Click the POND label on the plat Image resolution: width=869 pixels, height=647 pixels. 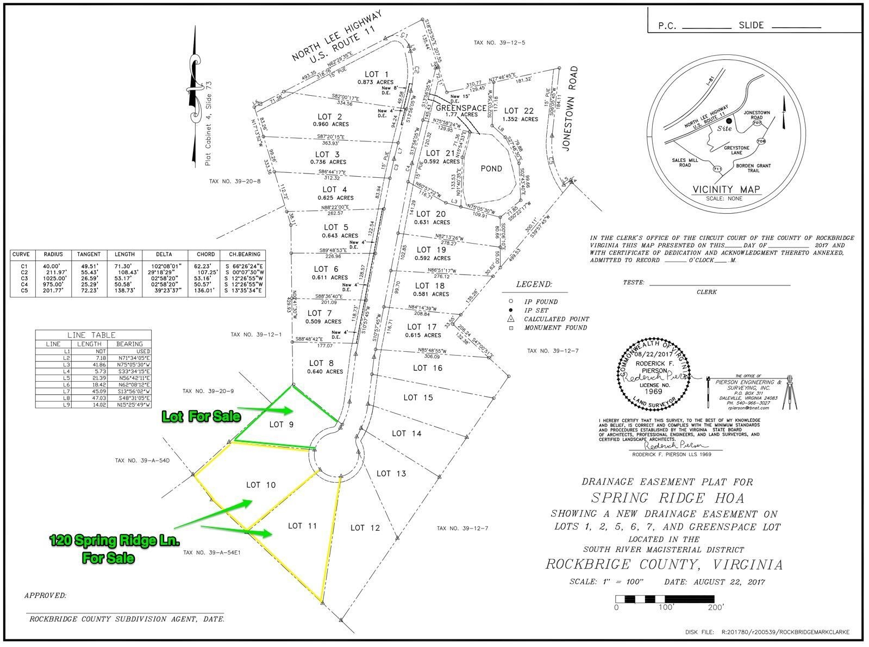pyautogui.click(x=491, y=169)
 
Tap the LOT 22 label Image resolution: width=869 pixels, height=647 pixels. pyautogui.click(x=520, y=111)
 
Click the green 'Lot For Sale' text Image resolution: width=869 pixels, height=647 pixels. pyautogui.click(x=201, y=417)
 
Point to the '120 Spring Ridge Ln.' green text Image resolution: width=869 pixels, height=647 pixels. pyautogui.click(x=114, y=541)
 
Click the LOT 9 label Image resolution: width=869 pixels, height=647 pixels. pyautogui.click(x=281, y=425)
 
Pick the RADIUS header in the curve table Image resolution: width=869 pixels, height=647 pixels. pyautogui.click(x=53, y=254)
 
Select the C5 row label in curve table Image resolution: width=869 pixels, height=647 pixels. pyautogui.click(x=23, y=291)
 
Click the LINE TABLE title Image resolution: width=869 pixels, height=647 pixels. pyautogui.click(x=91, y=335)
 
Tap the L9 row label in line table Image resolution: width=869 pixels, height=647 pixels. pyautogui.click(x=53, y=405)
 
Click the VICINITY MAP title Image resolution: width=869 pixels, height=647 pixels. pyautogui.click(x=726, y=190)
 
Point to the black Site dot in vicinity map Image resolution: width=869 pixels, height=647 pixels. pyautogui.click(x=729, y=121)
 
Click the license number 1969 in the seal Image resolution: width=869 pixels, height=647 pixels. pyautogui.click(x=654, y=391)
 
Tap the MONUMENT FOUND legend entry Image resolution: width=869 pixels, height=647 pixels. pyautogui.click(x=555, y=328)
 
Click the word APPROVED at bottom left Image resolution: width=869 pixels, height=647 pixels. pyautogui.click(x=45, y=596)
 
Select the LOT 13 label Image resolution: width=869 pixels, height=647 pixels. pyautogui.click(x=391, y=474)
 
